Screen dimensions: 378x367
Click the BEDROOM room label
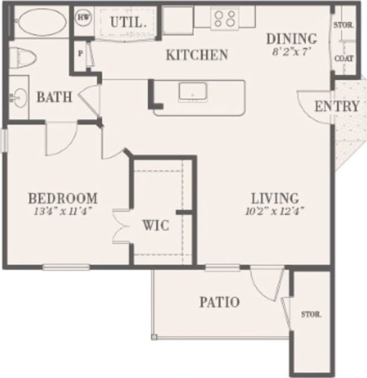coord(63,199)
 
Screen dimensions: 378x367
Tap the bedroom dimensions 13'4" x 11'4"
coord(63,211)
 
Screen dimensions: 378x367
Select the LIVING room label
coord(274,199)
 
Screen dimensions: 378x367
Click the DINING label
coord(291,39)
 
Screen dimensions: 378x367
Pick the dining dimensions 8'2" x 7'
coord(291,51)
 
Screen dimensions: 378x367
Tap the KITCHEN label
coord(196,55)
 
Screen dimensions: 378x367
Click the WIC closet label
coord(155,226)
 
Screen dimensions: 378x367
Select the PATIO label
coord(219,302)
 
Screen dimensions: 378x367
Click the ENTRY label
coord(337,107)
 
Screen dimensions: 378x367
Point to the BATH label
coord(54,97)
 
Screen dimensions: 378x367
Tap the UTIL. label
coord(129,23)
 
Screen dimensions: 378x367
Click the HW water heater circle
coord(83,17)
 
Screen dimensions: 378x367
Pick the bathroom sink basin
coord(19,98)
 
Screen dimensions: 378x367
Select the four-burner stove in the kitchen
coord(224,19)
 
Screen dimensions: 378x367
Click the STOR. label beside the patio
coord(310,314)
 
